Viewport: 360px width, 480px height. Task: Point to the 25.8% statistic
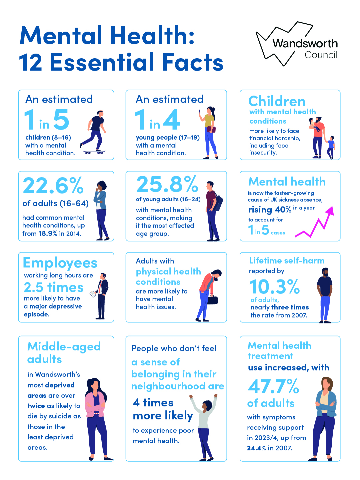[167, 185]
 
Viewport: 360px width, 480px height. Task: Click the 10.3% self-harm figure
[274, 287]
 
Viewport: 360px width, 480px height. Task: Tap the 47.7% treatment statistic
[273, 386]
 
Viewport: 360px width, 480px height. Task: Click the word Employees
[60, 263]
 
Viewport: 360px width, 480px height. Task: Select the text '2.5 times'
[54, 287]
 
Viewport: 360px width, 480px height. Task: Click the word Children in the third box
[277, 101]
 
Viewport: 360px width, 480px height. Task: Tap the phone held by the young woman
[200, 113]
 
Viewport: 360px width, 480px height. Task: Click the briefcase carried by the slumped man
[212, 299]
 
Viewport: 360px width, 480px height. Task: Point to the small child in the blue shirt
[331, 147]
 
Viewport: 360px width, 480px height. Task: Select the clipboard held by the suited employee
[93, 294]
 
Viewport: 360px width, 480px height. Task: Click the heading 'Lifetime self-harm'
[287, 260]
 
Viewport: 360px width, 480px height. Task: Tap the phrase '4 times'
[153, 403]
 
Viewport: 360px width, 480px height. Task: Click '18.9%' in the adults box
[48, 234]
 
